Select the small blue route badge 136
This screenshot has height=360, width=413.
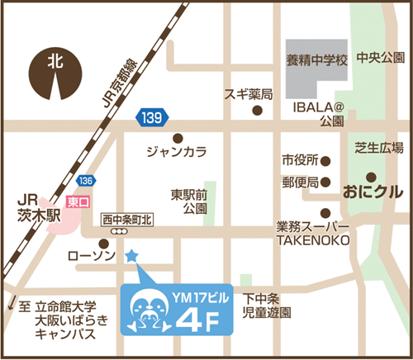click(x=88, y=180)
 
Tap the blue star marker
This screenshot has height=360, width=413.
click(x=131, y=256)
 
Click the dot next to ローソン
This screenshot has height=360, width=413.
click(x=102, y=244)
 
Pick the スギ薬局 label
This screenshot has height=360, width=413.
click(x=249, y=94)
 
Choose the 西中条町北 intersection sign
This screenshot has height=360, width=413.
click(x=127, y=220)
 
